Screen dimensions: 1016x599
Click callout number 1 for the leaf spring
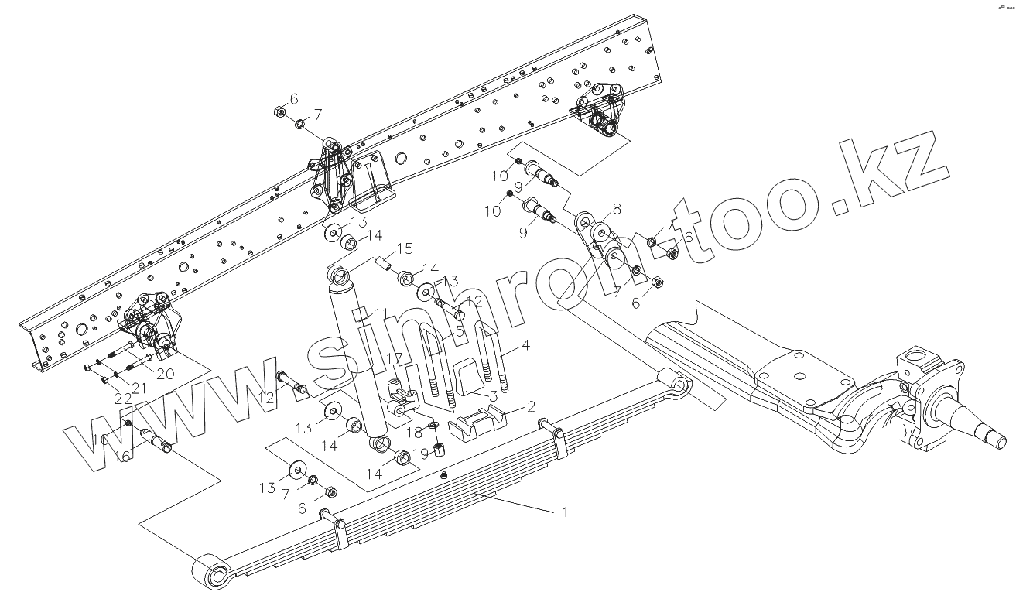[x=565, y=512]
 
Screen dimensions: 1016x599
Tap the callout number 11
[x=379, y=313]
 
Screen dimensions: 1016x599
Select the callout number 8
[x=617, y=208]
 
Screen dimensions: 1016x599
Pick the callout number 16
[x=123, y=456]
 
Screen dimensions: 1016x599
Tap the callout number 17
[x=395, y=360]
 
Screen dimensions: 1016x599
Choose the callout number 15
[x=406, y=249]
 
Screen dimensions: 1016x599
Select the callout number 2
[x=531, y=406]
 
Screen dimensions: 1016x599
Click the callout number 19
[x=419, y=454]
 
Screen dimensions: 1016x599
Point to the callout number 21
[x=139, y=387]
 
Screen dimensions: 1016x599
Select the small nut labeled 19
[x=438, y=450]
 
